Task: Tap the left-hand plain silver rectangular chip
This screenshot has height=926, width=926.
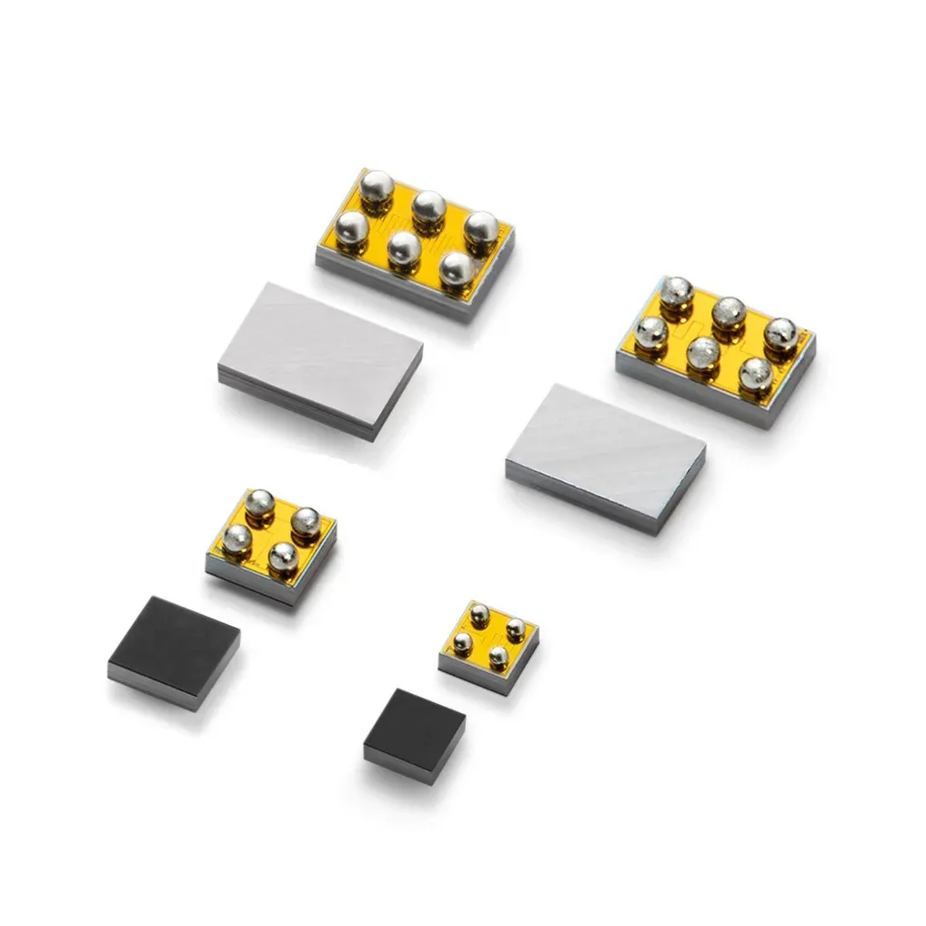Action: [320, 357]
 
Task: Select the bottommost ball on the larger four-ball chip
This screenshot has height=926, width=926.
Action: [282, 557]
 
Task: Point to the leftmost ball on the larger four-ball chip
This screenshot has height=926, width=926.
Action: [237, 539]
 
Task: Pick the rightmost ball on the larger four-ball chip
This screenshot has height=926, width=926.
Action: [305, 520]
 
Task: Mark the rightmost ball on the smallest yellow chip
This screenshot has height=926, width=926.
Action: [515, 627]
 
